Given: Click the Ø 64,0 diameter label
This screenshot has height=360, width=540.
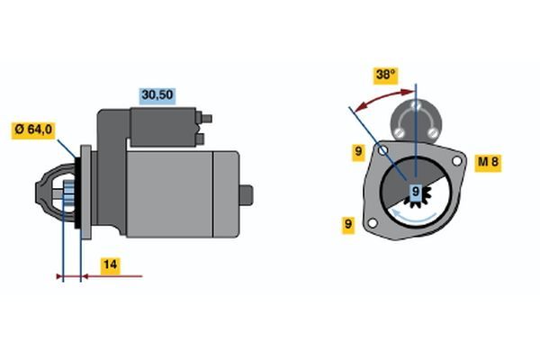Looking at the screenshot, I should coord(34,130).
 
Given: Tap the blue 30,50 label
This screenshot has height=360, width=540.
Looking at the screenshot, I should coord(155,94).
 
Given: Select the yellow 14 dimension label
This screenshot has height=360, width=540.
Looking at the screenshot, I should coord(109,265).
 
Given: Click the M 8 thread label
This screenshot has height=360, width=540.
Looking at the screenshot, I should coord(488,163).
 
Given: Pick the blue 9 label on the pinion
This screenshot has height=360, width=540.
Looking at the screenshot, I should coord(416,191).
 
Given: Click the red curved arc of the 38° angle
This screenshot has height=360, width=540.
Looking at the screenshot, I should coord(378,94).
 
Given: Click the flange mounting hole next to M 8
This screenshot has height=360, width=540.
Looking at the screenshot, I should coord(456,161).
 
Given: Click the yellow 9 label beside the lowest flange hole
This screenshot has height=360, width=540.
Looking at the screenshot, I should coord(347,224).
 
